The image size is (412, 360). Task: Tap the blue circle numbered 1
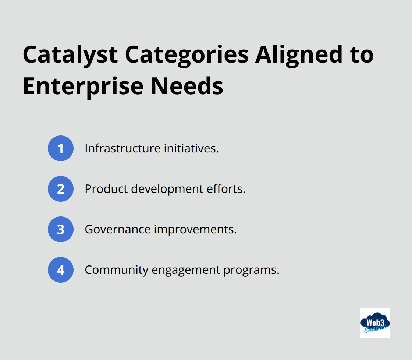tap(61, 148)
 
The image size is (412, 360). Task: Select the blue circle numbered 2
tap(61, 189)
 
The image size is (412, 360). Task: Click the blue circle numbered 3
tap(61, 229)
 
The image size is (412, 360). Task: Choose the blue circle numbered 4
tap(61, 270)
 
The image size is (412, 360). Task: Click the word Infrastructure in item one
tap(117, 148)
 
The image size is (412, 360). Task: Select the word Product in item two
tap(106, 189)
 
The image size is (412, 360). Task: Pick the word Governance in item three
tap(117, 229)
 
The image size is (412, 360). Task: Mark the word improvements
tap(195, 229)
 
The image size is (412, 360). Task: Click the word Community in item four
tap(116, 270)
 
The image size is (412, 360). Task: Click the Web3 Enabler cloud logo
tap(375, 323)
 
